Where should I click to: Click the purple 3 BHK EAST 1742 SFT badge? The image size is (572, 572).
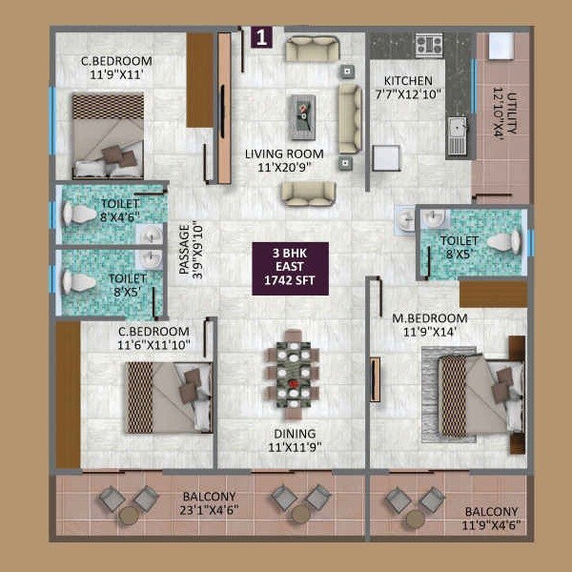pyautogui.click(x=290, y=267)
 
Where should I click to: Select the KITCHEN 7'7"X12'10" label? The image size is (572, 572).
pyautogui.click(x=409, y=88)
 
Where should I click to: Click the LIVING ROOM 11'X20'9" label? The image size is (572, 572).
pyautogui.click(x=283, y=160)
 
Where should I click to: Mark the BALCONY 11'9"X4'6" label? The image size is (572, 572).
pyautogui.click(x=492, y=518)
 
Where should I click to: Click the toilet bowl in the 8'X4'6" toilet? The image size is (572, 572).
pyautogui.click(x=74, y=214)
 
